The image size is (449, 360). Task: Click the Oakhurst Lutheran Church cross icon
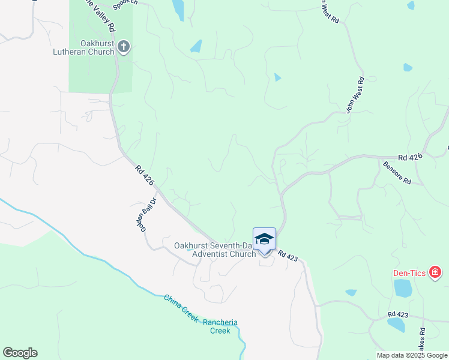[124, 47]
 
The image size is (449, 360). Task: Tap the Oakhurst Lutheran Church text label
[97, 47]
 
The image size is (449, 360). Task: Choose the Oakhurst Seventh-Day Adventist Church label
[215, 249]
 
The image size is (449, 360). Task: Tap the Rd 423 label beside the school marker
[288, 256]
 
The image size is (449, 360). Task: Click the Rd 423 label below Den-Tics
[398, 314]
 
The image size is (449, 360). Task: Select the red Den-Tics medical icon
[436, 273]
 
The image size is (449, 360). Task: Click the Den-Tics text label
[409, 274]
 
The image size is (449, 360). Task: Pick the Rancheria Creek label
[220, 326]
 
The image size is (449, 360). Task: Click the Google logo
[20, 353]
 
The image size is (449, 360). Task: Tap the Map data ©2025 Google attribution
[411, 355]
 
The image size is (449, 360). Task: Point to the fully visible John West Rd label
[355, 95]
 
